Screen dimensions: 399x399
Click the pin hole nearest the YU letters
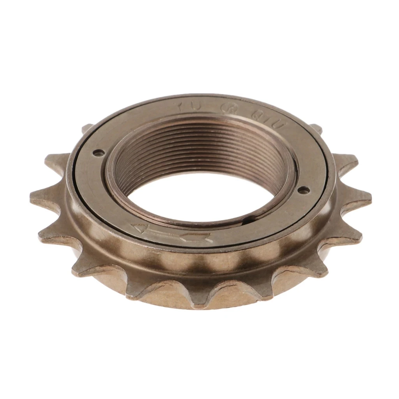pos(99,153)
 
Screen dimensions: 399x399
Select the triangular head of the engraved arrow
pos(139,227)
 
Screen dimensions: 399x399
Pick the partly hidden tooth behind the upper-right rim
pos(316,127)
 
